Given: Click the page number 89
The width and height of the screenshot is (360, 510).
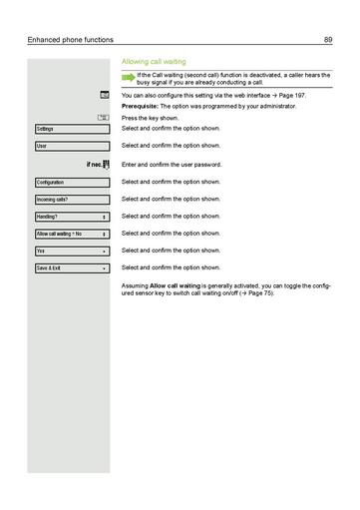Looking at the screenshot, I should tap(327, 39).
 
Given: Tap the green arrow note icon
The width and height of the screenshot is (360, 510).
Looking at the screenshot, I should tap(128, 78).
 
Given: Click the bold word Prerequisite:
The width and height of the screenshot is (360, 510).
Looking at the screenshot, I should tap(141, 105).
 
